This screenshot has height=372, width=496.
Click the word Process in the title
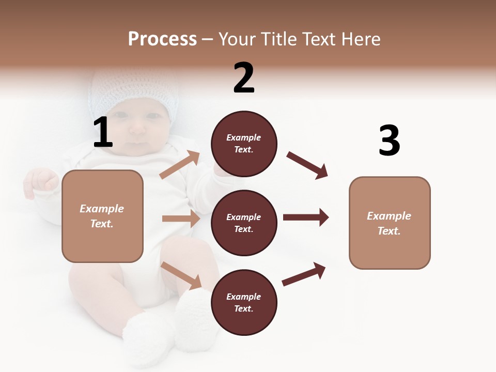pyautogui.click(x=162, y=39)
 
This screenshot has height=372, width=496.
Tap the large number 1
pyautogui.click(x=103, y=133)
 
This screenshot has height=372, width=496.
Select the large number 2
pyautogui.click(x=244, y=78)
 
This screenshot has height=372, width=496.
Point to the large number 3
pyautogui.click(x=389, y=141)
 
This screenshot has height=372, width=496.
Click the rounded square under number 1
pyautogui.click(x=102, y=216)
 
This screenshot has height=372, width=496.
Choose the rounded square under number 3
pyautogui.click(x=390, y=223)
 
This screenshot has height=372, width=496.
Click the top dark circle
pyautogui.click(x=244, y=144)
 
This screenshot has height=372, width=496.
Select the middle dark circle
pyautogui.click(x=244, y=223)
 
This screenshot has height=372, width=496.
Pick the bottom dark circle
pyautogui.click(x=244, y=303)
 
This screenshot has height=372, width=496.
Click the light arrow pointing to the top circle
pyautogui.click(x=180, y=165)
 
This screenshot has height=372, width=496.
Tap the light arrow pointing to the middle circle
pyautogui.click(x=181, y=219)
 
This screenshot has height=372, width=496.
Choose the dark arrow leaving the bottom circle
pyautogui.click(x=304, y=274)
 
